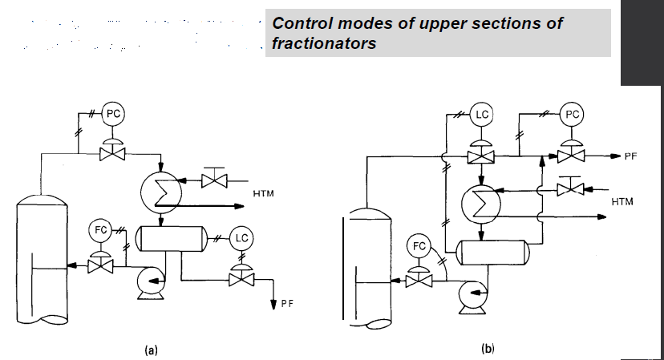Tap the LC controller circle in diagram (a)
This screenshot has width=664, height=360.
241,237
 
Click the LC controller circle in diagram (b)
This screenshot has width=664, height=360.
482,115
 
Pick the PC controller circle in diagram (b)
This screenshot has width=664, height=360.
572,115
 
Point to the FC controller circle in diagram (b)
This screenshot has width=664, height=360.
419,245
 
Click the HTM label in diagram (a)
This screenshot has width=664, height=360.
263,194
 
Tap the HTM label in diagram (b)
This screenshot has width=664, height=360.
621,202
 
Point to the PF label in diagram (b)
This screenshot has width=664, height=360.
631,156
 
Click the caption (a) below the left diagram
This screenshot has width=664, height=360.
150,350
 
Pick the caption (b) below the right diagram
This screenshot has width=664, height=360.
488,348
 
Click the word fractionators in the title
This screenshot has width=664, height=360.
325,43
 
